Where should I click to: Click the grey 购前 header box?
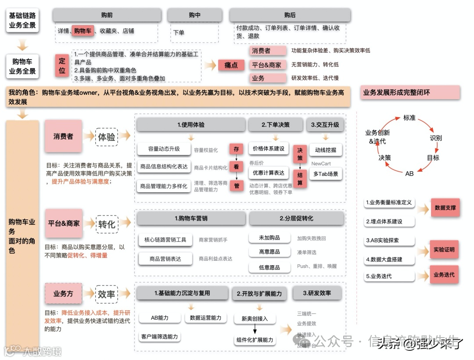click(107, 15)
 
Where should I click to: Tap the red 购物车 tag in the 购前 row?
click(83, 31)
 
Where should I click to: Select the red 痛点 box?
click(231, 65)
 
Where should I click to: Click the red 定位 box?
click(62, 65)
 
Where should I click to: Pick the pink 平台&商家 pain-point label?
click(267, 65)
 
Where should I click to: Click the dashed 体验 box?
click(107, 137)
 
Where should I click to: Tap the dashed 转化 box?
click(107, 224)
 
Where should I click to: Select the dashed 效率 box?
click(107, 294)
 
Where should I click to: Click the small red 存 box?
click(237, 149)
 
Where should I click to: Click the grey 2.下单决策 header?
click(276, 125)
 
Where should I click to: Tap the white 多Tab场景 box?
click(326, 174)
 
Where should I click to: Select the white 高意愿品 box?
click(269, 252)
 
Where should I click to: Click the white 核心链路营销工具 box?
click(165, 240)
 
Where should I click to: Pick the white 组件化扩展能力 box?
click(255, 340)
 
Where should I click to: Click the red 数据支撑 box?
click(445, 208)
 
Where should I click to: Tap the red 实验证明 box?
click(444, 250)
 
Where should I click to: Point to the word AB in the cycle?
click(409, 173)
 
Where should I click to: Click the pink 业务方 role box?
click(63, 294)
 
